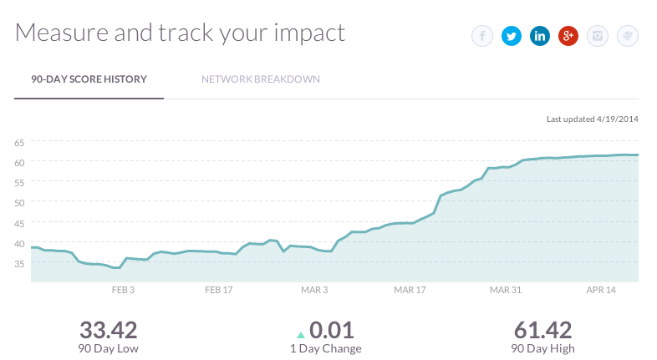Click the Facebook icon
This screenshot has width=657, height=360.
tap(482, 36)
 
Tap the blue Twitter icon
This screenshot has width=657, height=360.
tap(511, 36)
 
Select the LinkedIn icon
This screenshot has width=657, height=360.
tap(539, 36)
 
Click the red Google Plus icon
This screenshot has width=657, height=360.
tap(568, 36)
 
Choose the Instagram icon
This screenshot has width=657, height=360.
tap(597, 36)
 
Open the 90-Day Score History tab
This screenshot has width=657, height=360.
tap(89, 79)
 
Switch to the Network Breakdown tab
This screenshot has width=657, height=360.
tap(260, 79)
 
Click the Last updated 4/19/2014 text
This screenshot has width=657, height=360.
tap(592, 119)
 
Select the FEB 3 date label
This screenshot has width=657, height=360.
tap(123, 290)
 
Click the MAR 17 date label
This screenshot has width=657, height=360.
tap(410, 290)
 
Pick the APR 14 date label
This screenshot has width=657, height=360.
tap(600, 290)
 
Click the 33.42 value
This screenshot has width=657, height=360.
tap(109, 330)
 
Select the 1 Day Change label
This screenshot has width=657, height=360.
tap(326, 348)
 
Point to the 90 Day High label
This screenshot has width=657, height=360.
tap(542, 348)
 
